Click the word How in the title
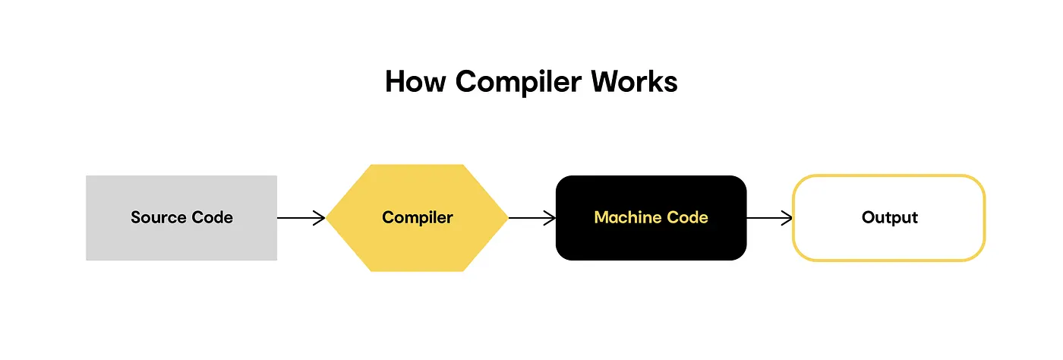pyautogui.click(x=416, y=82)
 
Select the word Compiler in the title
pyautogui.click(x=518, y=83)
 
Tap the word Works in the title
pyautogui.click(x=635, y=82)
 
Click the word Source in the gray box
pyautogui.click(x=159, y=217)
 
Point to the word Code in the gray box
pyautogui.click(x=212, y=217)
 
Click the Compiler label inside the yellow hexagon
pyautogui.click(x=418, y=218)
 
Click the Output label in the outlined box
pyautogui.click(x=890, y=218)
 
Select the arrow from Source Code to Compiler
pyautogui.click(x=301, y=218)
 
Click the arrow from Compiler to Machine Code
pyautogui.click(x=532, y=218)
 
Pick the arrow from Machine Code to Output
pyautogui.click(x=770, y=218)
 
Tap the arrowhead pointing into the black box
pyautogui.click(x=550, y=218)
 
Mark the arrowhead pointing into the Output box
pyautogui.click(x=787, y=218)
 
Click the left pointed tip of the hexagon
pyautogui.click(x=326, y=218)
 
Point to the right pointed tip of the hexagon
pyautogui.click(x=508, y=218)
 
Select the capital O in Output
pyautogui.click(x=869, y=217)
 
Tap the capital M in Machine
pyautogui.click(x=603, y=217)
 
